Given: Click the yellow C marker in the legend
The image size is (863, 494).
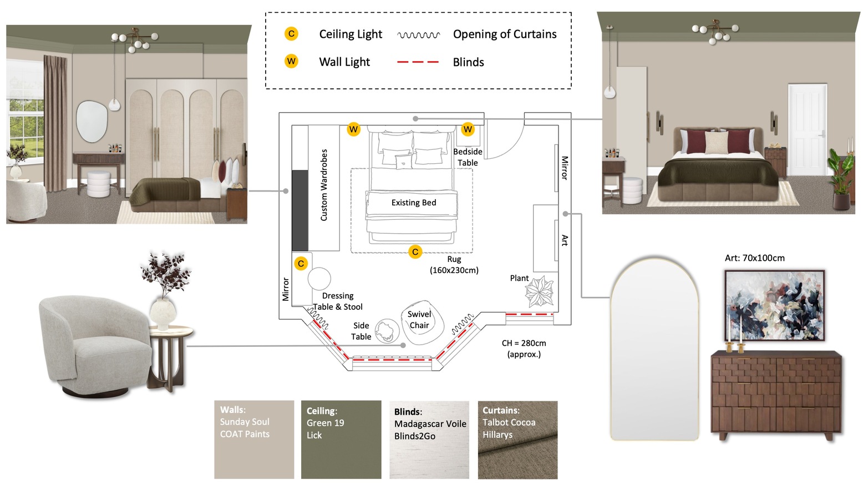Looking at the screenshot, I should coord(291,34).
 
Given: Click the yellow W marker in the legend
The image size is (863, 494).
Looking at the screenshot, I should coord(291,61).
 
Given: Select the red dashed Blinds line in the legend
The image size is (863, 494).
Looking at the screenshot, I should coord(418,62).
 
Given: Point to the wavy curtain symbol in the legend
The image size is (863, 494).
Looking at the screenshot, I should coord(419,35).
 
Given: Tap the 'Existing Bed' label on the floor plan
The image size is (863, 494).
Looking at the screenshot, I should coord(414,203).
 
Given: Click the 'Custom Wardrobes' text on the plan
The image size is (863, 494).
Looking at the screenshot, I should coord(324,185).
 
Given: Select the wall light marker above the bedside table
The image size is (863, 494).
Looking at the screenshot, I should coord(468,129).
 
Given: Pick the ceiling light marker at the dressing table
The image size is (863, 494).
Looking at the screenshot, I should coord(301,264).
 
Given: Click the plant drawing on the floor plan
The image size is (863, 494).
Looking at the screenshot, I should coord(540,291).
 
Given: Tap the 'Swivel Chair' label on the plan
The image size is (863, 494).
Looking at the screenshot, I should coord(419,320).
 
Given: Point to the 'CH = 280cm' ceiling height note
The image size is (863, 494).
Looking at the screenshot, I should coord(524,343).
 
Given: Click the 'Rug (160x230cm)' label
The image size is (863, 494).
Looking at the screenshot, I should coord(454,265).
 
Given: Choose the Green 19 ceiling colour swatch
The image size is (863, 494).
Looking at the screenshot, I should coord(341,439).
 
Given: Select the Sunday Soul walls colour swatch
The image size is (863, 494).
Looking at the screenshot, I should coord(254,439).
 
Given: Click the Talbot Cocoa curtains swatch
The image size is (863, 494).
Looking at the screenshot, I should coord(517,440).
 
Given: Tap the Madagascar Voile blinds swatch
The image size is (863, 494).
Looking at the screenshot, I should coord(429,440).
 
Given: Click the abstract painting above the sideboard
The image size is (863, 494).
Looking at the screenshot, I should coord(775,305).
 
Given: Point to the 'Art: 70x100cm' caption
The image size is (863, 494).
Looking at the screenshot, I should coord(754,258).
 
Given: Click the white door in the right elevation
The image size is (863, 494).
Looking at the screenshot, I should coord(807,130).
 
